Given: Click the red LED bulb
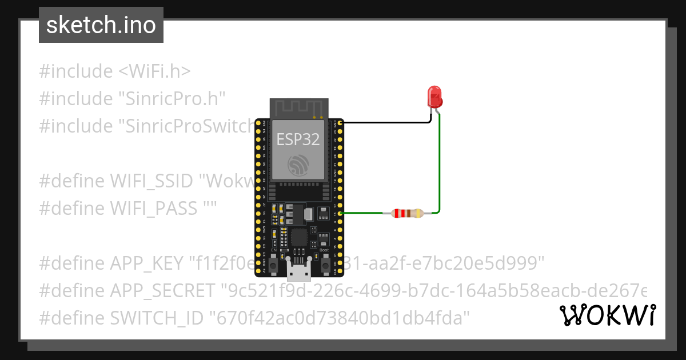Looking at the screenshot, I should (435, 97).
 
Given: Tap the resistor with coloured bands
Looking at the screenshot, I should (407, 214).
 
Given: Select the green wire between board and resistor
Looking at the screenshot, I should (362, 214).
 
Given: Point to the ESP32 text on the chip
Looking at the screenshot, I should (297, 139).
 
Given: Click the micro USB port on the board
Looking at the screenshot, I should (299, 272).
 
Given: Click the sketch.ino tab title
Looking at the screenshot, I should (101, 26).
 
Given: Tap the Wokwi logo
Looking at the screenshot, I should (607, 315).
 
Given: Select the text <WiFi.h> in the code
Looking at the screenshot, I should (154, 71).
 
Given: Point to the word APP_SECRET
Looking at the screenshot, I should (162, 291).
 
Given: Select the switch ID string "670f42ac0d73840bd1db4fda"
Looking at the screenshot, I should (340, 317).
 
